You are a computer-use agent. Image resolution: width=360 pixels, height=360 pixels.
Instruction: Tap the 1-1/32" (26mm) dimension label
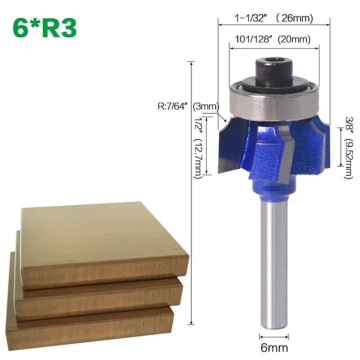tap(274, 18)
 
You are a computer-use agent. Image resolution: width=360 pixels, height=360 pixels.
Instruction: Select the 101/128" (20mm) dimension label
tap(273, 39)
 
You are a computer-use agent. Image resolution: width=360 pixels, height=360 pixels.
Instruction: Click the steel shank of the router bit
tap(273, 260)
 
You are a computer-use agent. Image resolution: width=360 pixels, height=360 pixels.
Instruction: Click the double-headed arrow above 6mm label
tap(273, 335)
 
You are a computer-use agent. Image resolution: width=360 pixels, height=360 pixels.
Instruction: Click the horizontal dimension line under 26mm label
tap(274, 25)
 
